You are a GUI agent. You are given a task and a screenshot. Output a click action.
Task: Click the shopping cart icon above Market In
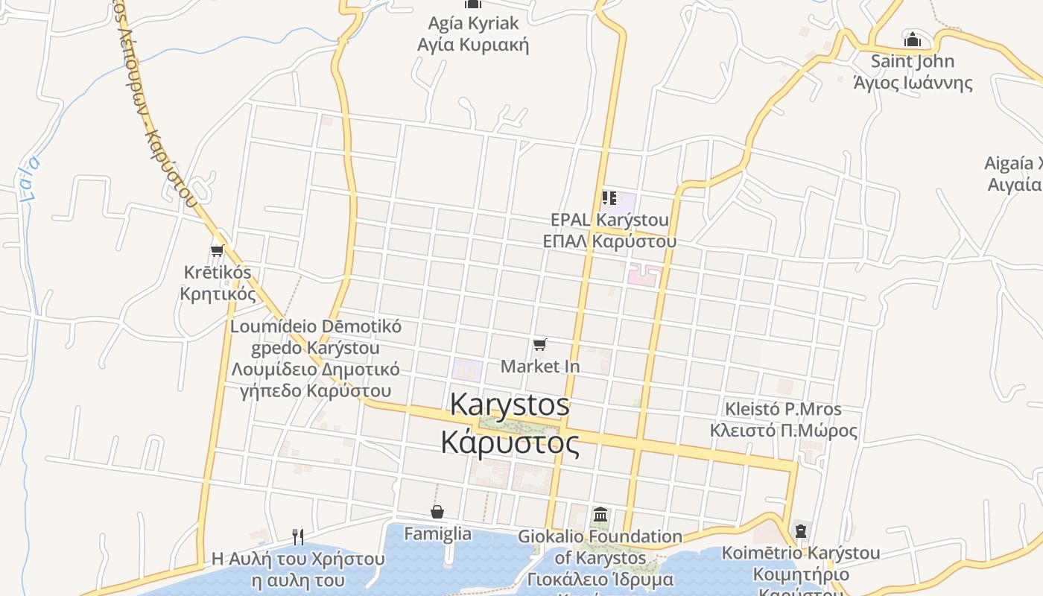click(540, 344)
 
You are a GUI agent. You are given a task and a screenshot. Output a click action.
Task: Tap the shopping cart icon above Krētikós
click(217, 250)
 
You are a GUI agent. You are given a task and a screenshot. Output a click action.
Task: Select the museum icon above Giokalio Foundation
click(600, 514)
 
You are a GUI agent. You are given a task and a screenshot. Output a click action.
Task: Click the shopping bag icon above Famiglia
click(437, 512)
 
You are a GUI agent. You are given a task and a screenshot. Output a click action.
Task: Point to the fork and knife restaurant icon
click(297, 536)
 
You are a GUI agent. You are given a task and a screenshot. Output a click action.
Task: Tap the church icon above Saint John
click(912, 39)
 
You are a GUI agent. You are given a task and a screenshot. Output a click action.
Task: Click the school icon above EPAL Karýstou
click(609, 198)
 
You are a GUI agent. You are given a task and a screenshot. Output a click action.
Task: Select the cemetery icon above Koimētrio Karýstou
click(801, 531)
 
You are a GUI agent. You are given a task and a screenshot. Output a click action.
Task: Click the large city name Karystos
click(510, 405)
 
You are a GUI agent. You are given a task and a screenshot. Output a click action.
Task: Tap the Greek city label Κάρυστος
click(510, 443)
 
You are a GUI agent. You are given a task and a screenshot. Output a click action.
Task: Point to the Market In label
click(540, 367)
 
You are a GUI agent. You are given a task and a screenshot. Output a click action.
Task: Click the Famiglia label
click(437, 533)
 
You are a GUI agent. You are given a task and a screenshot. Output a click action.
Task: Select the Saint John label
click(913, 61)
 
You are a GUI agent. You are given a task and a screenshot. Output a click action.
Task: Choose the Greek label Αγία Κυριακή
click(473, 45)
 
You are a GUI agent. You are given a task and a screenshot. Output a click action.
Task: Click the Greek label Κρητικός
click(218, 294)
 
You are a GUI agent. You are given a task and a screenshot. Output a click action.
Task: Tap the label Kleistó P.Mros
click(783, 409)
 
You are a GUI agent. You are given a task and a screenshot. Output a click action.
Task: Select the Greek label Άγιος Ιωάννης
click(913, 82)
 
